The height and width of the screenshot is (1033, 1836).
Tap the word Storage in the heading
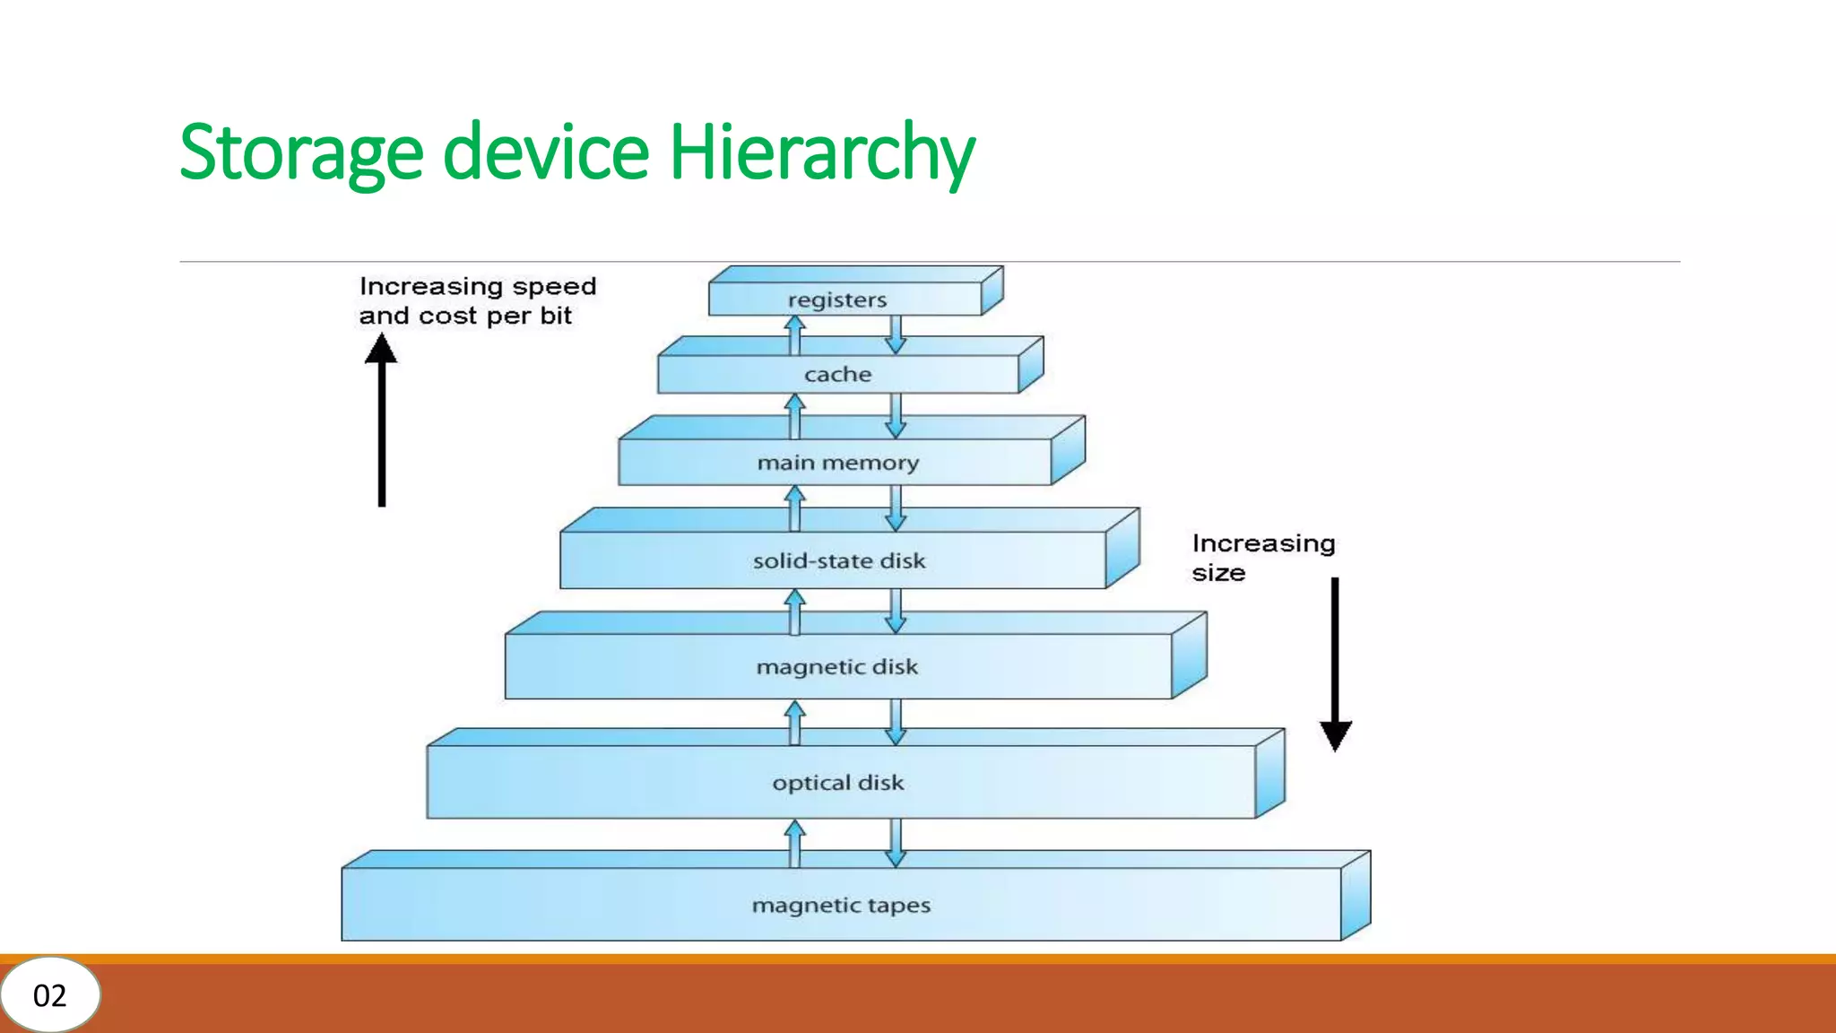[300, 152]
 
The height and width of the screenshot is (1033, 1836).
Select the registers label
[837, 299]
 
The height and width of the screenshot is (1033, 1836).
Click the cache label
[837, 374]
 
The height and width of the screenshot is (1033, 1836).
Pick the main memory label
[837, 463]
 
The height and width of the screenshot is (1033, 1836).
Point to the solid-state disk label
[838, 560]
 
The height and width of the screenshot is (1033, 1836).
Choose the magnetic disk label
[836, 666]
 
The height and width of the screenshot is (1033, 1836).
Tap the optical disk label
[837, 782]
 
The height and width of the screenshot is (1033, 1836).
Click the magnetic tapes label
[841, 905]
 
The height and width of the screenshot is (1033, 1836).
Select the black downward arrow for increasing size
[1335, 664]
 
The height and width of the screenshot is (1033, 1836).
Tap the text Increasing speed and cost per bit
[476, 300]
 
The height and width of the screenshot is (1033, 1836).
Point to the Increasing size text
[1262, 557]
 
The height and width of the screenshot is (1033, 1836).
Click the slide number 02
[49, 995]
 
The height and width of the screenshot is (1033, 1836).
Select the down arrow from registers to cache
[896, 334]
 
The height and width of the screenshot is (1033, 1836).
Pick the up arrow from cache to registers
[794, 335]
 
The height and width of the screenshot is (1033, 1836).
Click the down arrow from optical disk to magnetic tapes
[896, 843]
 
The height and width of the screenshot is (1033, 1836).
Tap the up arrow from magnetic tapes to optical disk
[794, 843]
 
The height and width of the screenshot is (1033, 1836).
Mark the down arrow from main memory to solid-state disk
[896, 508]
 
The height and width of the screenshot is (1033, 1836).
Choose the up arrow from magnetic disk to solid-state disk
[794, 611]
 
